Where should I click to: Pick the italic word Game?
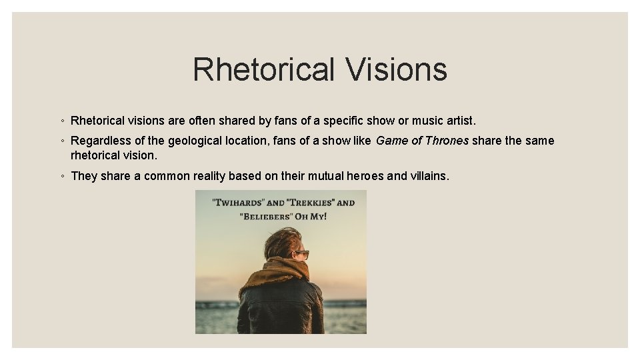[x=390, y=141]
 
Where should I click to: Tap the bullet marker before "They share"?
[x=61, y=176]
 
